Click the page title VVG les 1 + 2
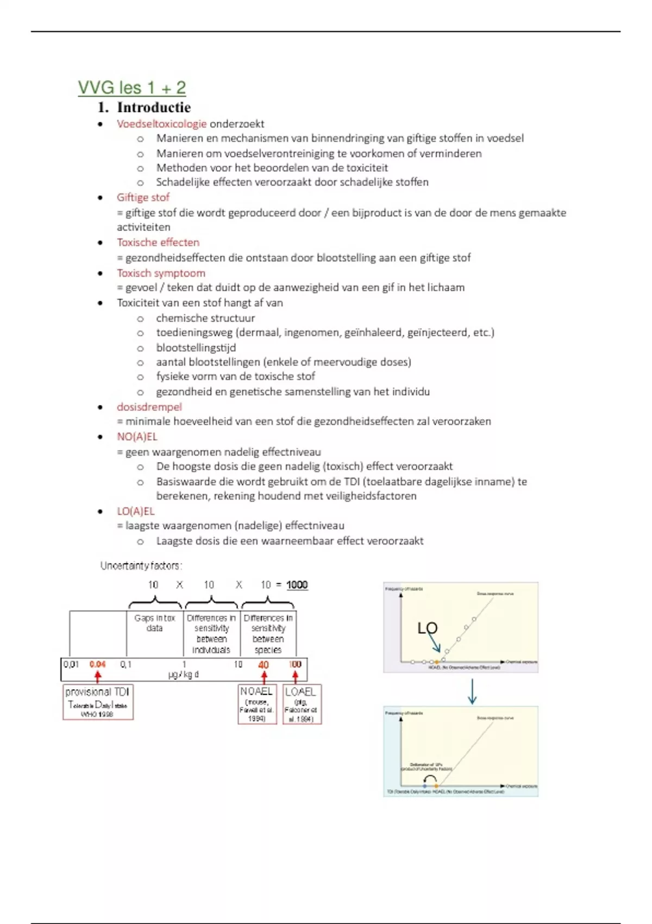coord(132,88)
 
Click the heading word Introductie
coord(154,107)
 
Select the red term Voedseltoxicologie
coord(161,123)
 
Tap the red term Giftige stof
coord(143,197)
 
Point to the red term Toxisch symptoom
coord(161,273)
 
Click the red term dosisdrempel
coord(149,407)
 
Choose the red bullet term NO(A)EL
coord(137,436)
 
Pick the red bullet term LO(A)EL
coord(136,511)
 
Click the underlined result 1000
coord(297,585)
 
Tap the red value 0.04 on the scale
coord(98,664)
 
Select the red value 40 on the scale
coord(264,665)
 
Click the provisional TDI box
coord(98,702)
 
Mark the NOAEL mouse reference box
coord(257,704)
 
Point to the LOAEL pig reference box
coord(302,704)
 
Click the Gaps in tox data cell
coord(155,623)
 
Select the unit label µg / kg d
coord(184,675)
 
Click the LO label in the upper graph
coord(427,628)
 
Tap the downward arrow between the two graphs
coord(472,691)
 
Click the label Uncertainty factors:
coord(141,566)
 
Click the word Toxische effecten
coord(158,242)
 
